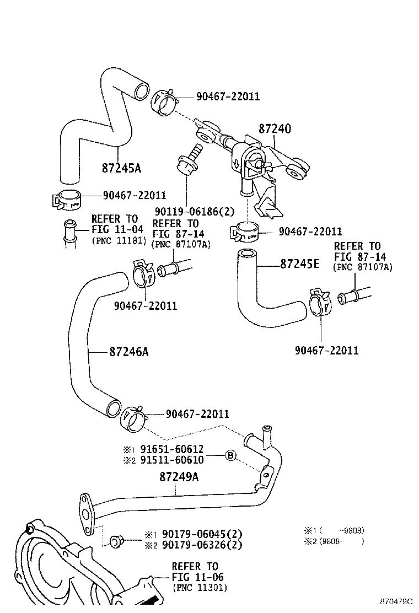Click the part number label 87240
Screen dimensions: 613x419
click(275, 129)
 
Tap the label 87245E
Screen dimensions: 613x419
click(299, 264)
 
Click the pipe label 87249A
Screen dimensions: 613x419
click(179, 476)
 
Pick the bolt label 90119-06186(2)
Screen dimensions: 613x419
click(187, 210)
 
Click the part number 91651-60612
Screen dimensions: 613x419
click(171, 449)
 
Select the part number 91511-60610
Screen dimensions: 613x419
click(171, 460)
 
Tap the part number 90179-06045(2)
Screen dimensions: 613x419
click(202, 534)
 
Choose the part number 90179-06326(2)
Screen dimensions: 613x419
click(202, 545)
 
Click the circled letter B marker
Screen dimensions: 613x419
click(230, 455)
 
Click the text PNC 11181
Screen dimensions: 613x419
click(118, 240)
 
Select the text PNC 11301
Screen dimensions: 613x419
click(199, 588)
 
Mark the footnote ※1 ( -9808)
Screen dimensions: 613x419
click(334, 531)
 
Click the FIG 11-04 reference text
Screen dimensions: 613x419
click(117, 229)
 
